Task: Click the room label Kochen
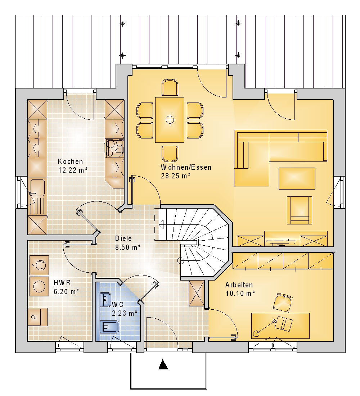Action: tap(70, 161)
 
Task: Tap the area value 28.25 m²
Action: tap(175, 176)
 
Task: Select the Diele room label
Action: tap(123, 238)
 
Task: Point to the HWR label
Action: tap(62, 283)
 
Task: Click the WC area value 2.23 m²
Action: tap(125, 313)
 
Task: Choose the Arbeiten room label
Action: tap(239, 285)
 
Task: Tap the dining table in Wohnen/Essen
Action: tap(170, 120)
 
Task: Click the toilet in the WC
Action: tap(109, 327)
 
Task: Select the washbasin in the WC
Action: tap(105, 300)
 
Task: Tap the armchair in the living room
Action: tap(299, 210)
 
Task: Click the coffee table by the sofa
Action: tap(297, 178)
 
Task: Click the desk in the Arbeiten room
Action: tap(280, 326)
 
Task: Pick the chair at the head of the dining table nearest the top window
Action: tap(170, 87)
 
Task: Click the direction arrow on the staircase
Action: tap(161, 224)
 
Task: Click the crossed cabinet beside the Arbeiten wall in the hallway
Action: tap(197, 293)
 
